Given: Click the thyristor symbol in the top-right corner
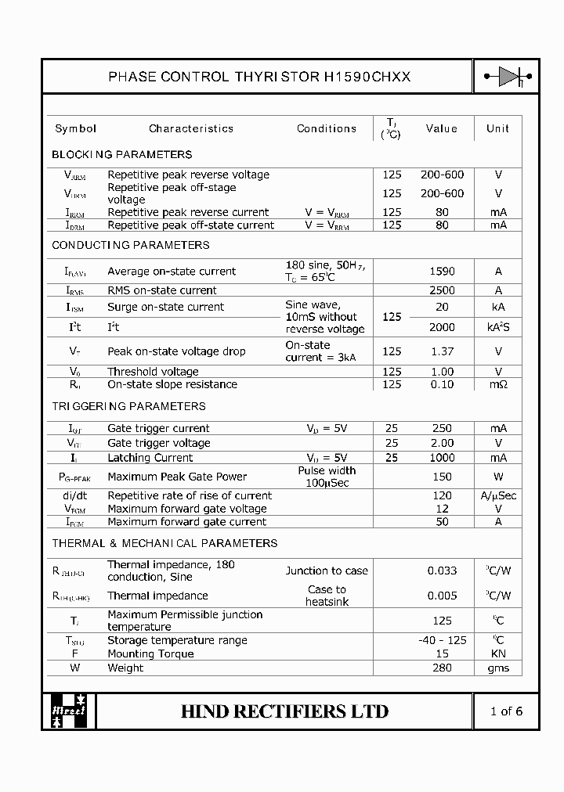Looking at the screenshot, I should pos(507,76).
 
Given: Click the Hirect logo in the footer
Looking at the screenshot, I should pos(69,711).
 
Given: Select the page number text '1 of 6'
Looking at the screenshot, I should pos(506,711).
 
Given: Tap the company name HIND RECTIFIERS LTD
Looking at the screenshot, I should pos(284,711).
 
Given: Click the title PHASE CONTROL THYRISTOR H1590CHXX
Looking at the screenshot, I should pos(258,77).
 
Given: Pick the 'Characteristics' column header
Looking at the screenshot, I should pos(191,128).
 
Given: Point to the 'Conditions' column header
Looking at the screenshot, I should pos(327,128).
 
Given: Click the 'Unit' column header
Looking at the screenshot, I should pos(497,128).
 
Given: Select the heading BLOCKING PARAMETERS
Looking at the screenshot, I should pos(121,154).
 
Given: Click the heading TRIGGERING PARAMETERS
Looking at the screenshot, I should pos(128,406).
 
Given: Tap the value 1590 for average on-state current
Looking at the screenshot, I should pos(442,272).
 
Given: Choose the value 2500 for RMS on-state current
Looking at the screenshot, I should pos(442,290).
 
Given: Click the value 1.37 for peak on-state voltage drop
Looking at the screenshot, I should pos(442,351).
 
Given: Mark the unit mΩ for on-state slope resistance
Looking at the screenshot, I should pos(498,384).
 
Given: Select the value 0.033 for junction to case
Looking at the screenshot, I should pos(442,571).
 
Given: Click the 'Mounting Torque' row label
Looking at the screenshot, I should pos(150,653).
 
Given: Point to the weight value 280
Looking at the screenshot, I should pos(442,668).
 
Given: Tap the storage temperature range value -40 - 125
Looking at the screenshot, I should pos(442,640).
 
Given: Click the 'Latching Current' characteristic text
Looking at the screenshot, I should pos(150,458).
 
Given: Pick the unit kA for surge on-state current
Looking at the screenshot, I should pos(498,308).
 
